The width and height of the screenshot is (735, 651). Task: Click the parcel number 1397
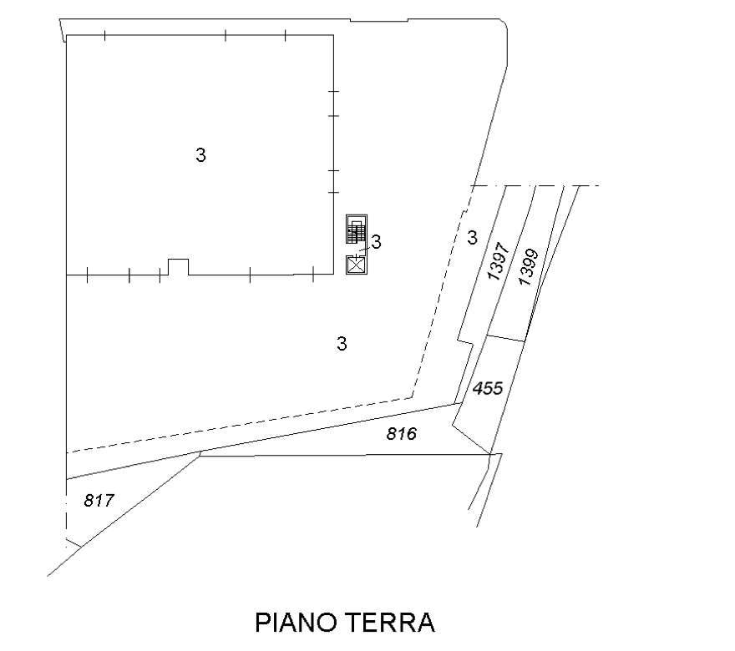[x=498, y=261]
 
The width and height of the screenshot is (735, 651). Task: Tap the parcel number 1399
[x=529, y=267]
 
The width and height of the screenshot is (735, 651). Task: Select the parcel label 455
[x=488, y=388]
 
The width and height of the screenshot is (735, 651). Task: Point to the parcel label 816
[x=401, y=434]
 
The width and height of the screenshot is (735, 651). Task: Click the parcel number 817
[x=99, y=501]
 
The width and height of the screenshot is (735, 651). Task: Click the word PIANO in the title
[x=297, y=623]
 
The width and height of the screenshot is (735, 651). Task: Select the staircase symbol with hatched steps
[x=357, y=229]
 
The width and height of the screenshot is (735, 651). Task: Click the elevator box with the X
[x=357, y=265]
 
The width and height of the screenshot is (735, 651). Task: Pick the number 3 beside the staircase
[x=376, y=242]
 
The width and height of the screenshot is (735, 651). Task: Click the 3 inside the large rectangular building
[x=200, y=154]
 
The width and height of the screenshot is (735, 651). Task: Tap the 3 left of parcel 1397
[x=472, y=238]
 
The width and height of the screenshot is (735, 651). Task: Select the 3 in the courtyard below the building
[x=342, y=344]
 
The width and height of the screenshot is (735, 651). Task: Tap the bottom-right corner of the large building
[x=334, y=275]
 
